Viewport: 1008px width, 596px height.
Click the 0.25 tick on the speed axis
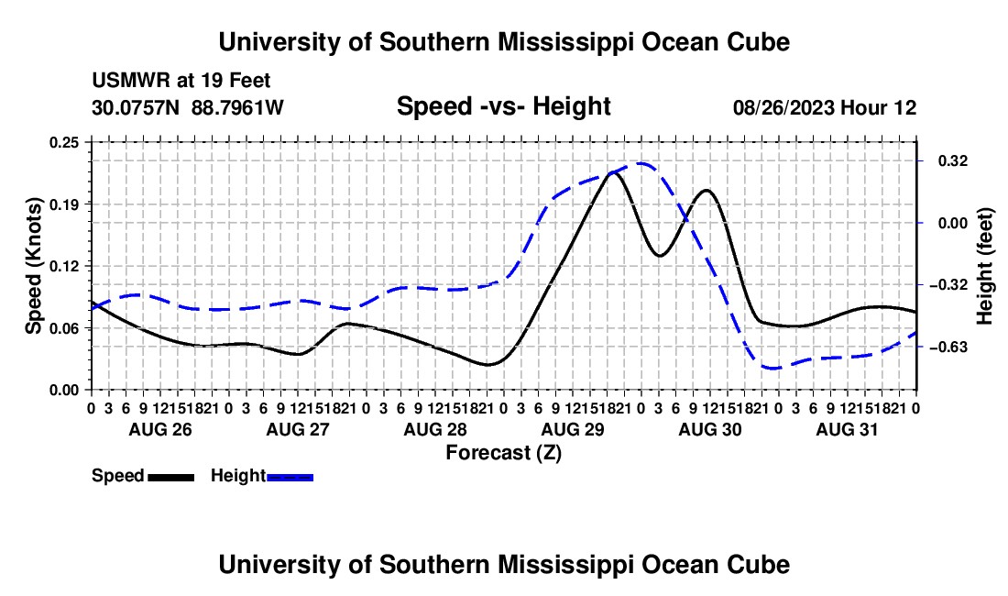64,143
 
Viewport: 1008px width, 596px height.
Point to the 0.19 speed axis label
64,204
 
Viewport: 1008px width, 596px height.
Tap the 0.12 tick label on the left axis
64,266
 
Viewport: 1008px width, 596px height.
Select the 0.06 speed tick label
64,328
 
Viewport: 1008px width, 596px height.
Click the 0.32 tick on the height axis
953,160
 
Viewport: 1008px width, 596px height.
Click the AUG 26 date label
160,429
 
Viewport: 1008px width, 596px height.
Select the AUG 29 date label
573,429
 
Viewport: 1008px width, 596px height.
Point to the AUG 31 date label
847,429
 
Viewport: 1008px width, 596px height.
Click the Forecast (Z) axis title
503,453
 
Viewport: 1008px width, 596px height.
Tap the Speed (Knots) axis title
33,266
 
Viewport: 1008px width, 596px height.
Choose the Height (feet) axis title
984,266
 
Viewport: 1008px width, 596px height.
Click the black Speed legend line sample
171,477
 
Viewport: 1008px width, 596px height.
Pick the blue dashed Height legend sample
290,477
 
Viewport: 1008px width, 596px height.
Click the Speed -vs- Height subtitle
503,106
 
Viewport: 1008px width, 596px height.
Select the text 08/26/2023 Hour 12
825,107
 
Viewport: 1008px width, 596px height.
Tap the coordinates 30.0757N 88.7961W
188,107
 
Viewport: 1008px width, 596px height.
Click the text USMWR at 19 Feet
181,81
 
